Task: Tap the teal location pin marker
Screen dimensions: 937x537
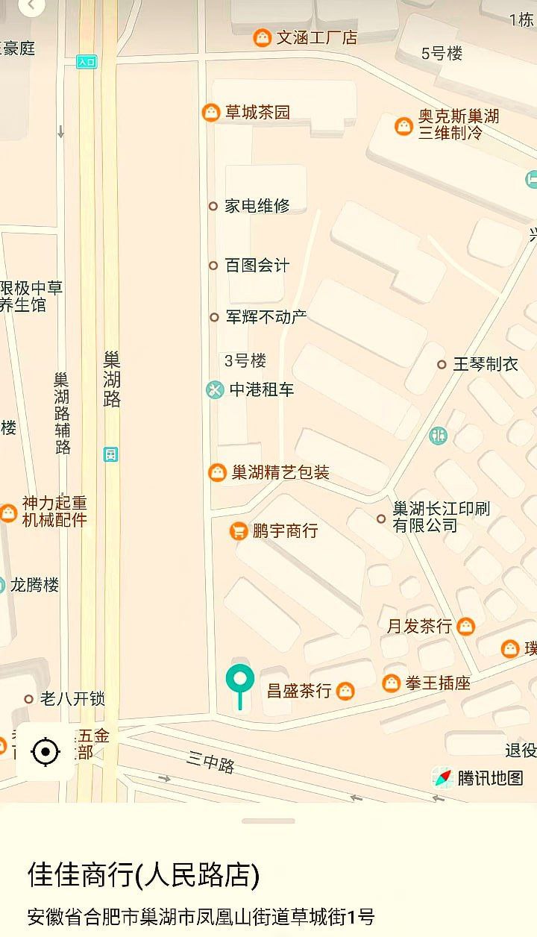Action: [240, 680]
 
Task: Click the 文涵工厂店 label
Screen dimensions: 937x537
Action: [316, 37]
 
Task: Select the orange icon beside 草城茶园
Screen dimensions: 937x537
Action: [211, 113]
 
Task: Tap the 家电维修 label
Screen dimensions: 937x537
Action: [257, 206]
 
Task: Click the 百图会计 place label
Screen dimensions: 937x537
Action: [257, 266]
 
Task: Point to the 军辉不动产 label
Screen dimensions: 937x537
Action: [266, 317]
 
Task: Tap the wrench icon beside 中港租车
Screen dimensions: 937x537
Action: [215, 389]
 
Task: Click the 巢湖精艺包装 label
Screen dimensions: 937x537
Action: [280, 472]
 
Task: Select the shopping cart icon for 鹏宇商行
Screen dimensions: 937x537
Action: [239, 530]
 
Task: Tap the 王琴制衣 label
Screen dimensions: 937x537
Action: [486, 364]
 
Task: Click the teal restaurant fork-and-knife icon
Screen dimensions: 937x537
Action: [439, 435]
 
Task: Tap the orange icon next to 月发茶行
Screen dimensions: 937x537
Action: [466, 626]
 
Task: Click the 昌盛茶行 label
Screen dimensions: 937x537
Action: [298, 691]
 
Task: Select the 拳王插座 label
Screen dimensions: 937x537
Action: [437, 683]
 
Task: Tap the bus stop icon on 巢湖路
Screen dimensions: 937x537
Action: [111, 454]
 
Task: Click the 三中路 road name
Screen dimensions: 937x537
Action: [211, 762]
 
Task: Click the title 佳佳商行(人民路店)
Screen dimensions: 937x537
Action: [144, 875]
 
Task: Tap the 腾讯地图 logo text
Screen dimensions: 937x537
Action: [490, 778]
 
